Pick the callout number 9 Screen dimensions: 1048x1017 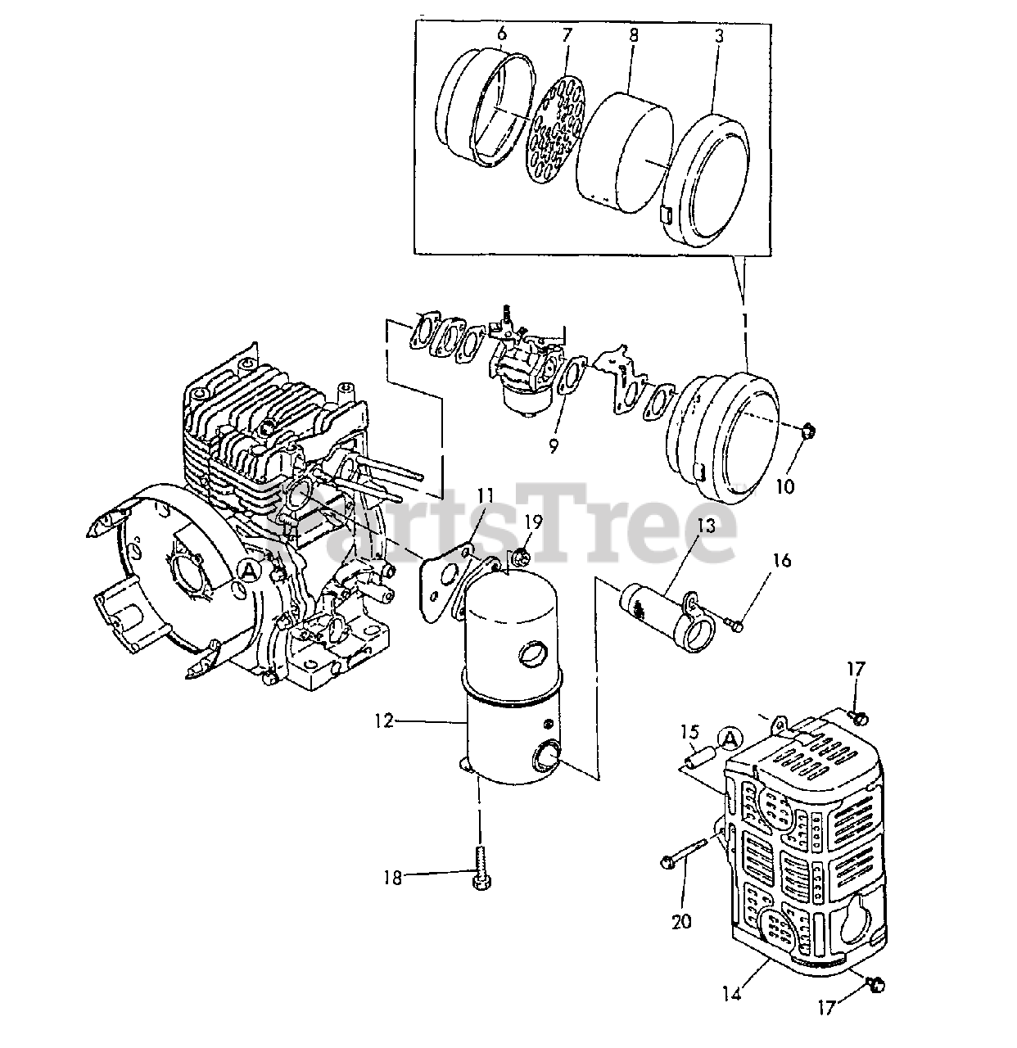tap(554, 446)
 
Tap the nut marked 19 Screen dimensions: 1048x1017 tap(518, 560)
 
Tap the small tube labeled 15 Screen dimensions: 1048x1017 tap(696, 755)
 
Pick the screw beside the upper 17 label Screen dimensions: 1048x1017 tap(857, 716)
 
